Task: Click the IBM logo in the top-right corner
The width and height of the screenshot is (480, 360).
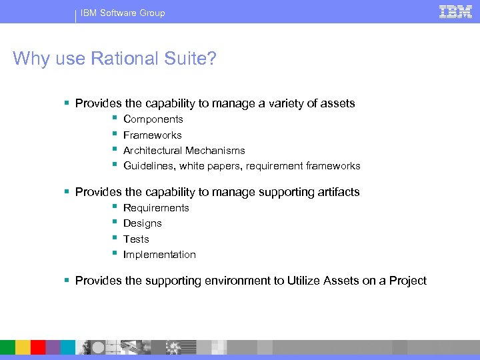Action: click(456, 11)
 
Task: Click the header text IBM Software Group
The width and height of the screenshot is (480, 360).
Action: click(123, 13)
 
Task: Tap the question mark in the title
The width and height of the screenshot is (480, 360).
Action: click(212, 59)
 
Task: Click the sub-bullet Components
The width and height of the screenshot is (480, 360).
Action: click(153, 119)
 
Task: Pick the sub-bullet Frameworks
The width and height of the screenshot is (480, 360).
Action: click(153, 135)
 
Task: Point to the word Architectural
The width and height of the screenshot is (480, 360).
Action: click(153, 151)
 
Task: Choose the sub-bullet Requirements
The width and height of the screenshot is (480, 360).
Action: click(156, 208)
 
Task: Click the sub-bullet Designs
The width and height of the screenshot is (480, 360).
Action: click(143, 223)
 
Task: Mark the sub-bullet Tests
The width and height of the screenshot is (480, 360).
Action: click(136, 239)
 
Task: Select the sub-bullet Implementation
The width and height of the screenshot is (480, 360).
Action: click(159, 255)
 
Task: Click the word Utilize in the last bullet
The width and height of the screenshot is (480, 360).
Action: click(305, 281)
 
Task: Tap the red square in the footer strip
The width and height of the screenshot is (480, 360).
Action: click(38, 347)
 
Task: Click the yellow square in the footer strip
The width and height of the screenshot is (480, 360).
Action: click(23, 347)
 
